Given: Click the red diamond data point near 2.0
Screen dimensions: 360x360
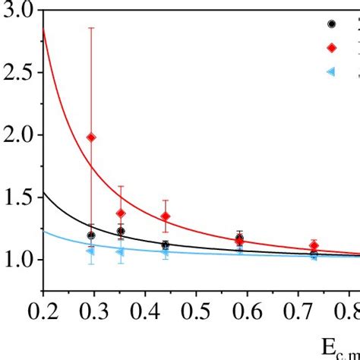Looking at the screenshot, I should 91,137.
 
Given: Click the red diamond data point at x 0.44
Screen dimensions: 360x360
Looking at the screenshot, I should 166,216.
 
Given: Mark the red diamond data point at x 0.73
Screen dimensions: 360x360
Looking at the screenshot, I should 314,246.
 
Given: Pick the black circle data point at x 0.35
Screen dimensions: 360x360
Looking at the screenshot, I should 120,231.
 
